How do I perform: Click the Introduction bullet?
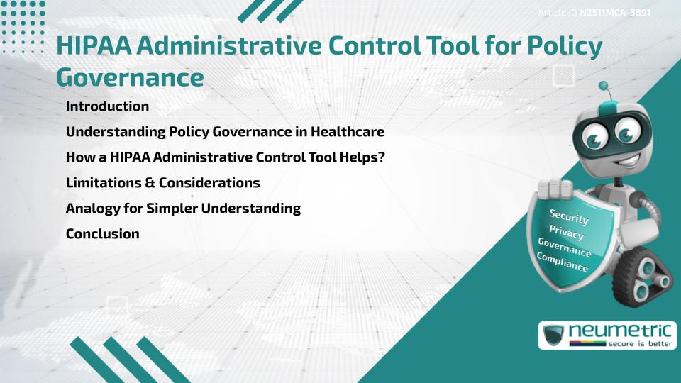tap(107, 106)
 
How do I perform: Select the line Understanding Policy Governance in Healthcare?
tap(225, 132)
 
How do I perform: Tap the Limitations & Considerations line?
tap(162, 183)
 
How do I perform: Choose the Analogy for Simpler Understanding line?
tap(183, 209)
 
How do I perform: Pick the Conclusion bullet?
tap(102, 234)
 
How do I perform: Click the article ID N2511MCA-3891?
tap(615, 13)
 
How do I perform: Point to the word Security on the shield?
tap(569, 216)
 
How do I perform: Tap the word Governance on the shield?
tap(565, 248)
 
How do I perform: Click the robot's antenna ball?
tap(604, 86)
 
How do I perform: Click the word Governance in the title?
tap(130, 77)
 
